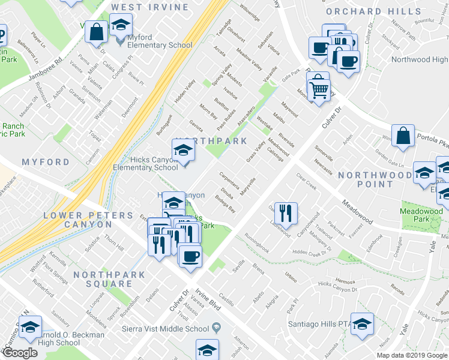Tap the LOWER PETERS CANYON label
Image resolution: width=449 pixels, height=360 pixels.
(x=88, y=220)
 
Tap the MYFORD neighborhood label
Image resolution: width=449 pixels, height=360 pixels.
(x=46, y=163)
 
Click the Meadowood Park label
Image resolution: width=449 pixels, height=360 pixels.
(x=421, y=215)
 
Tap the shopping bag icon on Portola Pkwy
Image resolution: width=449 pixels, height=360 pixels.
(x=403, y=137)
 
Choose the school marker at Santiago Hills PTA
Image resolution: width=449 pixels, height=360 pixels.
(x=362, y=325)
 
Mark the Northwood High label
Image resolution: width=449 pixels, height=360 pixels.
(x=420, y=59)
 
